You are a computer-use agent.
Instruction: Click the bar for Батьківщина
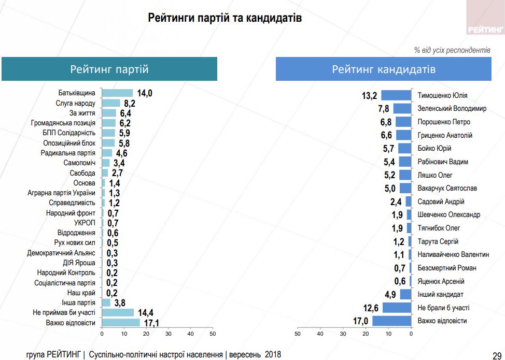(117, 93)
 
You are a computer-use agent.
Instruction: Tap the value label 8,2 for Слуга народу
(130, 103)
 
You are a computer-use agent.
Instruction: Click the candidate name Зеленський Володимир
(452, 109)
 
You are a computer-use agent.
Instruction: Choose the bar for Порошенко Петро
(403, 122)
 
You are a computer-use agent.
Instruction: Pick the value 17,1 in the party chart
(150, 323)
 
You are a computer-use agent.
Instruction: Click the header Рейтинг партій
(109, 69)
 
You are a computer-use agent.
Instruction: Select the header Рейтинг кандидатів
(384, 69)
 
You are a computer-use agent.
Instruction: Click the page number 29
(497, 355)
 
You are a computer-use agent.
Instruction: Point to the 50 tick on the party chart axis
(213, 334)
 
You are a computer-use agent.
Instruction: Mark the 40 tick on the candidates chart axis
(320, 334)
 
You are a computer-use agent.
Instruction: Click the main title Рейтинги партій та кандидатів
(225, 18)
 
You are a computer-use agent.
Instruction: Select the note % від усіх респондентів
(452, 51)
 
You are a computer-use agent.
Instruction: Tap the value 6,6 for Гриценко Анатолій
(387, 135)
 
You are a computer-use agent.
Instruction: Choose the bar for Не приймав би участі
(118, 313)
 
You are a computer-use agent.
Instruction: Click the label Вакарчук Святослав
(447, 188)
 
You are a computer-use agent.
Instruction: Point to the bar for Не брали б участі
(397, 308)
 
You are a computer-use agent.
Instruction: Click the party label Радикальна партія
(68, 153)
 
